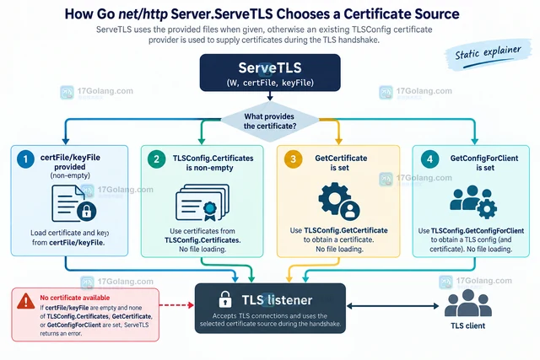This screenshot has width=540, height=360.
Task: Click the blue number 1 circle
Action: coord(25,159)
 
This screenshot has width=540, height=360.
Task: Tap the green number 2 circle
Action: coord(156,159)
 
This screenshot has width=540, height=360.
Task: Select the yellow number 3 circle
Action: coord(293,159)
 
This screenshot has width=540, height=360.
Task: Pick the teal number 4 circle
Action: coord(429,159)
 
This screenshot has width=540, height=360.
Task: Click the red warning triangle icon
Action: coord(26,302)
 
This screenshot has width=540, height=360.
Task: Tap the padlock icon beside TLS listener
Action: coord(225,299)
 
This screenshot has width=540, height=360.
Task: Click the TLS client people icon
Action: coord(468,303)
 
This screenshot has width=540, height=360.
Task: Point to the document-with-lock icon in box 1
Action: coord(73,203)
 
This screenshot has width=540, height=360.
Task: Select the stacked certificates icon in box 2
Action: coord(202,202)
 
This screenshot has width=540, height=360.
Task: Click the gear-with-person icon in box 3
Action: coord(339,201)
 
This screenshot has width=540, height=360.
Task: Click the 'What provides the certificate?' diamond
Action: coord(270,121)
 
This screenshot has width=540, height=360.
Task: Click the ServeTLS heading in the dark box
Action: coord(270,67)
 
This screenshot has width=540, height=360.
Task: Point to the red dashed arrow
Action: coord(176,305)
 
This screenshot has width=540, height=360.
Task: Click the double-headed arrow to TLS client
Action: coord(392,306)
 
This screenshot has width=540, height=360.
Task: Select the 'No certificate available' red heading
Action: coord(75,298)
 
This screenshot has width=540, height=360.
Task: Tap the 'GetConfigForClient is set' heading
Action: coord(484,163)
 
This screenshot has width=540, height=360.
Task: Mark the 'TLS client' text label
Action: coord(468,325)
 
